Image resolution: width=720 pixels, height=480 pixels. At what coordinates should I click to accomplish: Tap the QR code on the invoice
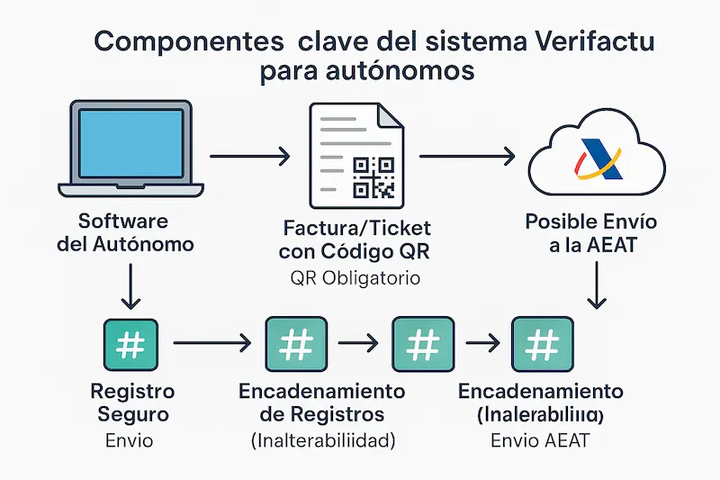[x=373, y=177]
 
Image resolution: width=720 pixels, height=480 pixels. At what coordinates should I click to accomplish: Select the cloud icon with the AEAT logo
[x=597, y=159]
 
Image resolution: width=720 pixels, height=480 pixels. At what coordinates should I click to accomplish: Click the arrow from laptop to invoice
[x=250, y=158]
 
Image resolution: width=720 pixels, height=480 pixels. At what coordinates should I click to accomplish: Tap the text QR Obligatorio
[x=356, y=279]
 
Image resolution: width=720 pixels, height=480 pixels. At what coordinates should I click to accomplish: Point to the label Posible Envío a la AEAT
[x=591, y=232]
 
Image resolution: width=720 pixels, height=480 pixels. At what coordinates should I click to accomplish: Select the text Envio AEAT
[x=540, y=441]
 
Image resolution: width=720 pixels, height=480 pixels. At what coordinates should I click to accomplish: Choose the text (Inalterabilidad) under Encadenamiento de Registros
[x=322, y=440]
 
